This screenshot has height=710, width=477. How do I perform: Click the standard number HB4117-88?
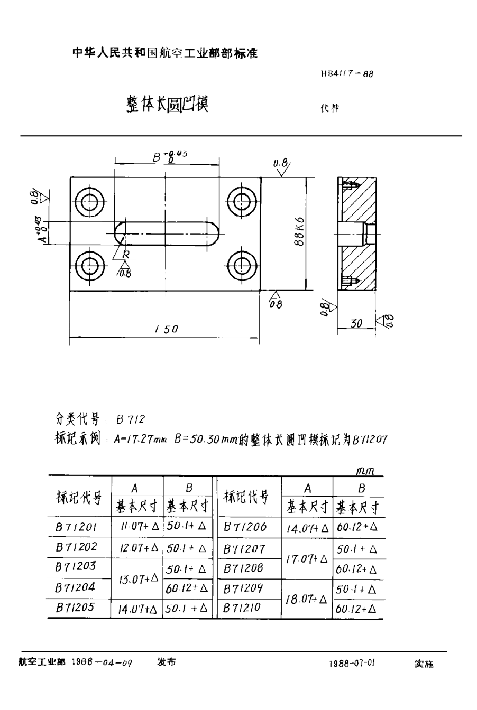pyautogui.click(x=346, y=74)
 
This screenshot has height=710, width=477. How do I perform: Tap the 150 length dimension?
pyautogui.click(x=167, y=329)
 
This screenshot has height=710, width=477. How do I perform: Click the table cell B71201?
pyautogui.click(x=76, y=526)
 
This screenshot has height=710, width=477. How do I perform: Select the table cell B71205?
pyautogui.click(x=76, y=608)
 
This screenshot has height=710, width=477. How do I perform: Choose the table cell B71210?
pyautogui.click(x=244, y=608)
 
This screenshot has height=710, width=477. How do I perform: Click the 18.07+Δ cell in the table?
pyautogui.click(x=307, y=599)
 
